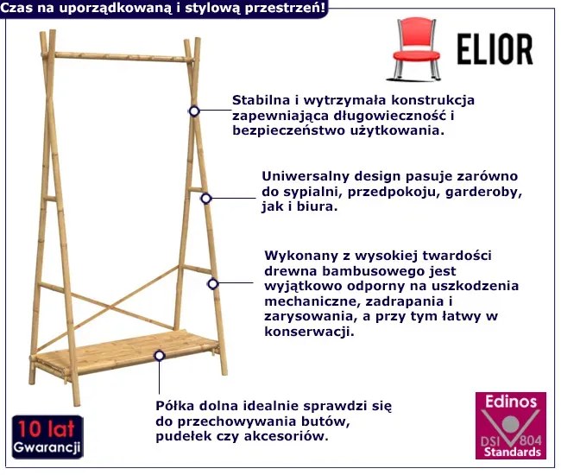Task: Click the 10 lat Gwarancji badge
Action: tap(47, 437)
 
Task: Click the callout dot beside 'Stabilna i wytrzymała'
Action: tap(194, 111)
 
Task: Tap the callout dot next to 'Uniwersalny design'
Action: tap(205, 198)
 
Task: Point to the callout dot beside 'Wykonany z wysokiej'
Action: tap(212, 282)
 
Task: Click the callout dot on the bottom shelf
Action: tap(160, 355)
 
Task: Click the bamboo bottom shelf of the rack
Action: tap(121, 350)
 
